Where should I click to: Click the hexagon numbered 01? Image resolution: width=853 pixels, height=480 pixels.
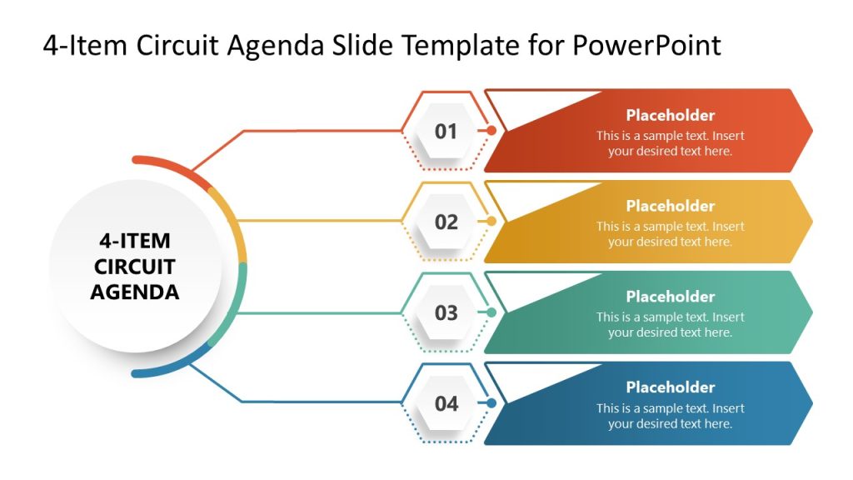click(x=446, y=131)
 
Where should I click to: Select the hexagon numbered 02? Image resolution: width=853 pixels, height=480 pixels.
click(x=446, y=222)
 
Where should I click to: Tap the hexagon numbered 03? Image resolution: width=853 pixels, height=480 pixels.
click(x=446, y=312)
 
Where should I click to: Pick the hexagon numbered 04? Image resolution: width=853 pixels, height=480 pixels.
click(x=446, y=403)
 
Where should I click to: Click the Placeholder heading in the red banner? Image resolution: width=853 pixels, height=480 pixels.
click(x=670, y=116)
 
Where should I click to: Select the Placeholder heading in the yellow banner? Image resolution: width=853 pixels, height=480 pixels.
click(x=670, y=206)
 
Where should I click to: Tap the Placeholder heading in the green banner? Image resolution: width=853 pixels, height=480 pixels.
click(x=670, y=297)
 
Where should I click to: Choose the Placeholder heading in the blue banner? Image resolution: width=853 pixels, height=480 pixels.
click(x=670, y=387)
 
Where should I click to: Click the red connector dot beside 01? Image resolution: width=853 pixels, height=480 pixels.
click(x=491, y=131)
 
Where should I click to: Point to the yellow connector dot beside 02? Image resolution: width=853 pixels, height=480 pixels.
click(x=491, y=222)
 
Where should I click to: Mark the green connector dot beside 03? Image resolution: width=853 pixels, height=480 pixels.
click(x=491, y=312)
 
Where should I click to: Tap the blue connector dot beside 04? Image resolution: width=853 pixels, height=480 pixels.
click(x=491, y=403)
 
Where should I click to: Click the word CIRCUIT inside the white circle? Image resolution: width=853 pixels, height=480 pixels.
click(x=134, y=267)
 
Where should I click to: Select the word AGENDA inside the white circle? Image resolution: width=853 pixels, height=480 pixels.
click(x=134, y=292)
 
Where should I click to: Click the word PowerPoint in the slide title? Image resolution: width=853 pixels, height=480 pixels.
click(x=646, y=45)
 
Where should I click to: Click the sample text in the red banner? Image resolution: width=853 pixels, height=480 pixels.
click(x=670, y=143)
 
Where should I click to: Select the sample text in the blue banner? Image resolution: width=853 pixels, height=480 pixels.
click(x=670, y=416)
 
